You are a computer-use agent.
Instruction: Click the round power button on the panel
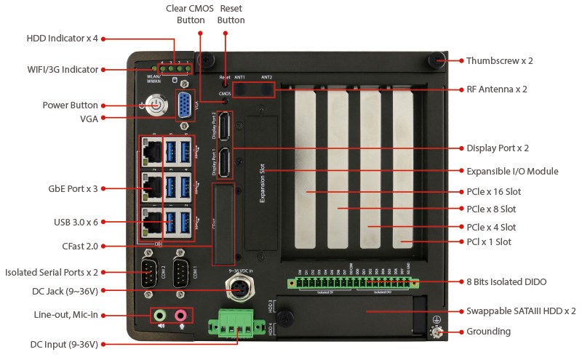point(153,106)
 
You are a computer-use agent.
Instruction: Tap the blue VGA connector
point(186,105)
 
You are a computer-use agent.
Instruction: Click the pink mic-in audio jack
point(180,315)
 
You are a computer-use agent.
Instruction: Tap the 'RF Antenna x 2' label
point(496,89)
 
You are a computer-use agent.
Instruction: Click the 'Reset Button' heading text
point(231,14)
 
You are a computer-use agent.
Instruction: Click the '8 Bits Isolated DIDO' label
point(506,281)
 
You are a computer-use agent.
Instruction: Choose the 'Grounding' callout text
point(488,332)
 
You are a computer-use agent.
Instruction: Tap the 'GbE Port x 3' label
point(71,189)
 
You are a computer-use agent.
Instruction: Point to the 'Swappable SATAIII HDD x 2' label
point(521,311)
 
